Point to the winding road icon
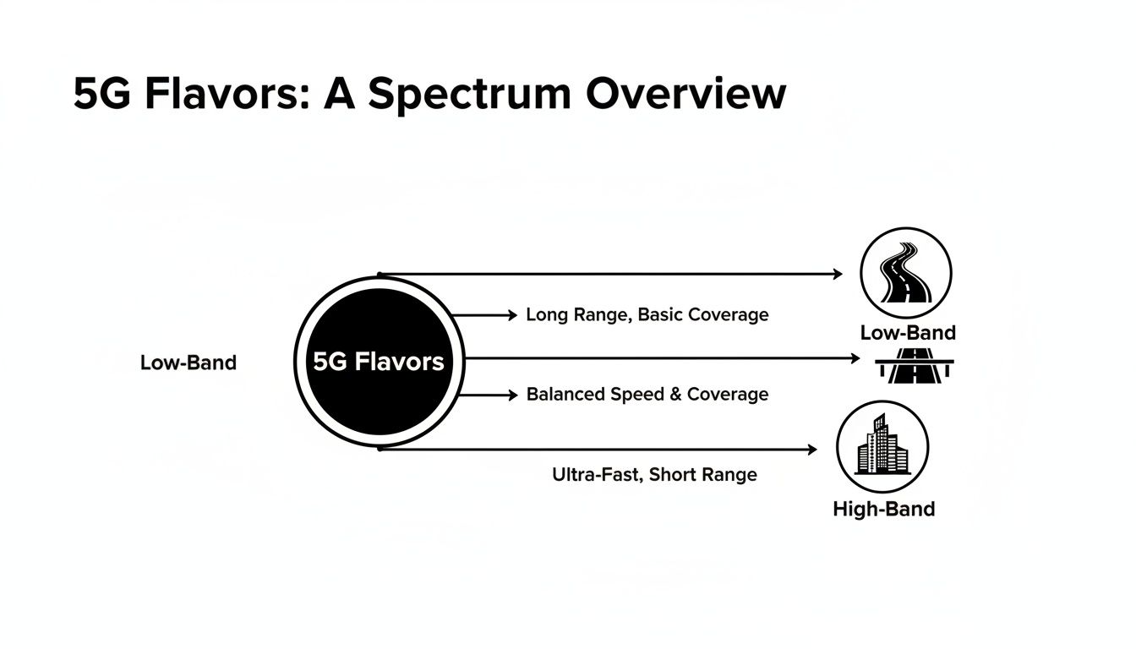coord(905,273)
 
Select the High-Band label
coord(883,510)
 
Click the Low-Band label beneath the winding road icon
coord(907,333)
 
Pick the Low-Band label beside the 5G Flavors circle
coord(188,363)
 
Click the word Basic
coord(661,315)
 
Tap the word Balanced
coord(565,395)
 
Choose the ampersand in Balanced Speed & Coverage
coord(674,395)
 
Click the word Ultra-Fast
coord(598,475)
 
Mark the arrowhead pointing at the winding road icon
coord(838,274)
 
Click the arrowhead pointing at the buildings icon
coord(812,450)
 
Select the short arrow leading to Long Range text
coord(485,315)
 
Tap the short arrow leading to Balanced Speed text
coord(487,395)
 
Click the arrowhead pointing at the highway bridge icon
coord(855,358)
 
